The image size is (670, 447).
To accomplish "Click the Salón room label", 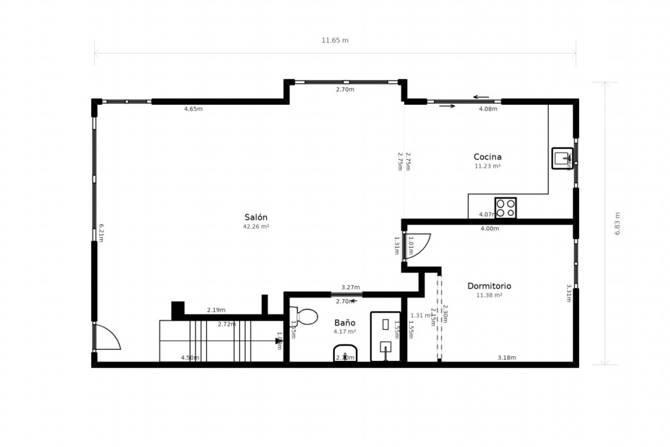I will pyautogui.click(x=256, y=217).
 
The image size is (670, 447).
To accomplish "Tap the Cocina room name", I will pyautogui.click(x=487, y=157).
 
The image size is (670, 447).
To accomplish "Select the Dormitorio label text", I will pyautogui.click(x=489, y=286).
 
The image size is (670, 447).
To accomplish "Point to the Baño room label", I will pyautogui.click(x=345, y=323).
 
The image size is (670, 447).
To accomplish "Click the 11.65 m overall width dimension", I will pyautogui.click(x=335, y=41).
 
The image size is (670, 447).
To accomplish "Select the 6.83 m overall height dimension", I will pyautogui.click(x=617, y=223).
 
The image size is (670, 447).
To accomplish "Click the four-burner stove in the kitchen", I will pyautogui.click(x=505, y=208).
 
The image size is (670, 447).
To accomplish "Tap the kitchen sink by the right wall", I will pyautogui.click(x=562, y=159).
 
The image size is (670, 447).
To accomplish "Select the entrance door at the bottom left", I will pyautogui.click(x=107, y=337).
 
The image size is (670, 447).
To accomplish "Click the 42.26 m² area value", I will pyautogui.click(x=256, y=226).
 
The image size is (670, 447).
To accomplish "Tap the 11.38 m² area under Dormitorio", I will pyautogui.click(x=489, y=295).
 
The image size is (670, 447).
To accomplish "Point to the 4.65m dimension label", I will pyautogui.click(x=193, y=109).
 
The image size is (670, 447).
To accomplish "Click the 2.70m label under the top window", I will pyautogui.click(x=345, y=90).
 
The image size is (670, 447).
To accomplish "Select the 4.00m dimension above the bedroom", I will pyautogui.click(x=490, y=229).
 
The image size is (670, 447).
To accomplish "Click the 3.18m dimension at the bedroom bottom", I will pyautogui.click(x=507, y=358).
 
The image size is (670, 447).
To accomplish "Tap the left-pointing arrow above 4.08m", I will pyautogui.click(x=481, y=97).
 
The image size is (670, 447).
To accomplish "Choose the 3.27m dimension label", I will pyautogui.click(x=350, y=287).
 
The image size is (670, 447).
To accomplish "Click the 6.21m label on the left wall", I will pyautogui.click(x=101, y=233).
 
